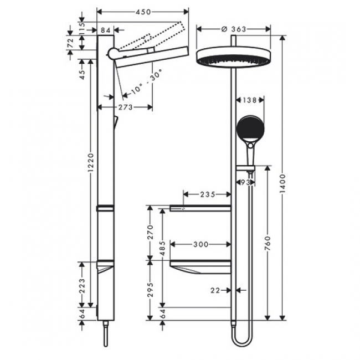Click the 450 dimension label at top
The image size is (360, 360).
(143, 12)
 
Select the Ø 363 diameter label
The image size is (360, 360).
(233, 29)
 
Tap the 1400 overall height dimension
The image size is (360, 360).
(283, 183)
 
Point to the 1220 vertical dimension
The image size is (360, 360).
(91, 162)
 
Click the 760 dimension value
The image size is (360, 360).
(268, 243)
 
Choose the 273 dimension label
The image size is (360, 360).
(125, 107)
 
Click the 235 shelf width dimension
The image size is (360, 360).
(208, 194)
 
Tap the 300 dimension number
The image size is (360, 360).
(200, 244)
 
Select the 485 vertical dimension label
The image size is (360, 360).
(162, 248)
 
